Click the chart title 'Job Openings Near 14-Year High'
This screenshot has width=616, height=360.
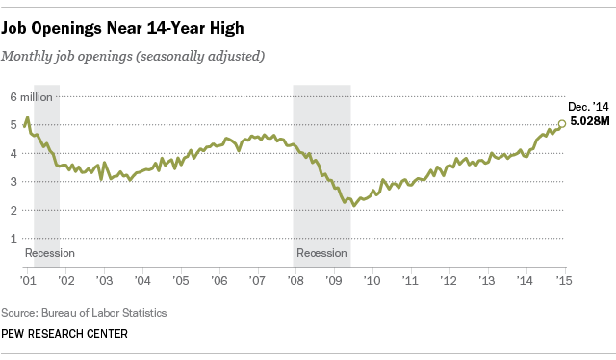pos(129,20)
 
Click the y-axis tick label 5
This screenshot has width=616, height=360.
pos(13,125)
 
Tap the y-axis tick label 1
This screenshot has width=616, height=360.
pos(13,238)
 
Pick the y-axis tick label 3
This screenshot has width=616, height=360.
pos(13,181)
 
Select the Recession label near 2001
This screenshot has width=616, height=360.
pos(49,254)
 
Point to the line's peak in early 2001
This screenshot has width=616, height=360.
pos(28,117)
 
